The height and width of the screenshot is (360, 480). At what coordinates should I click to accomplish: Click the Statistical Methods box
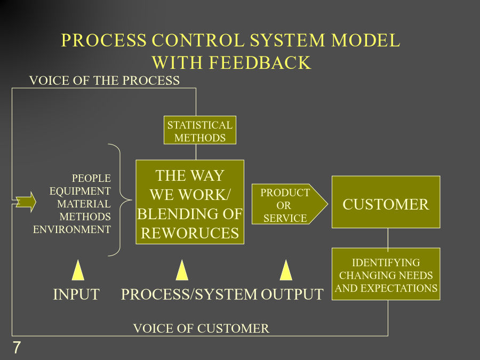[200, 130]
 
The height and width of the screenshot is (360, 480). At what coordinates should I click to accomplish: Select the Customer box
[386, 202]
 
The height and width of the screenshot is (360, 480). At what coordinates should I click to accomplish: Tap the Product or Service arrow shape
[290, 204]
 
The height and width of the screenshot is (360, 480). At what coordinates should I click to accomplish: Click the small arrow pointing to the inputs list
[26, 202]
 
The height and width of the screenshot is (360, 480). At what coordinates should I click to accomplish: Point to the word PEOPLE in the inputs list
[91, 178]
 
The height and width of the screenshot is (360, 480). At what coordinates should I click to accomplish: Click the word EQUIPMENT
[80, 191]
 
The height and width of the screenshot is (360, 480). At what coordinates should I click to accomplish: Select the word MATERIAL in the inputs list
[84, 204]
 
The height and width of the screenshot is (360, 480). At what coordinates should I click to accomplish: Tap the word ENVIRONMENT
[72, 229]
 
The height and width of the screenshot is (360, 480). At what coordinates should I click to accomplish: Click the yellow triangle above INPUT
[78, 270]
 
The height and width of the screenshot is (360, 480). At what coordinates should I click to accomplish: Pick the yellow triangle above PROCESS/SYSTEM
[182, 270]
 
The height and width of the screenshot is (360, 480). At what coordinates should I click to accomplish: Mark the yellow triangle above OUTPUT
[286, 270]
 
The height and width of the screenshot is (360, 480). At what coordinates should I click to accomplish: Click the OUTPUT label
[292, 294]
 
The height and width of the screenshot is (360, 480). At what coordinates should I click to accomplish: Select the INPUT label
[76, 294]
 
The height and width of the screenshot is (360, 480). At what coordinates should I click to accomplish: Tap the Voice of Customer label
[201, 329]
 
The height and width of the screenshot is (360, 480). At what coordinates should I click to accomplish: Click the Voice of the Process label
[105, 81]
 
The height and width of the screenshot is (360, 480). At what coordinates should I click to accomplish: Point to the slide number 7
[17, 347]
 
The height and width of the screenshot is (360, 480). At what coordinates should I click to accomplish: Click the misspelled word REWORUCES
[190, 233]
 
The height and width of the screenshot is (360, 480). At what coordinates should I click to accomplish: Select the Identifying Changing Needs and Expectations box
[386, 274]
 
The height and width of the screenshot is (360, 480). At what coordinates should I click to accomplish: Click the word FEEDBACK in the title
[260, 62]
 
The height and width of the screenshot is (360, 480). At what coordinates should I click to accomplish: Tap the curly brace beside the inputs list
[120, 200]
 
